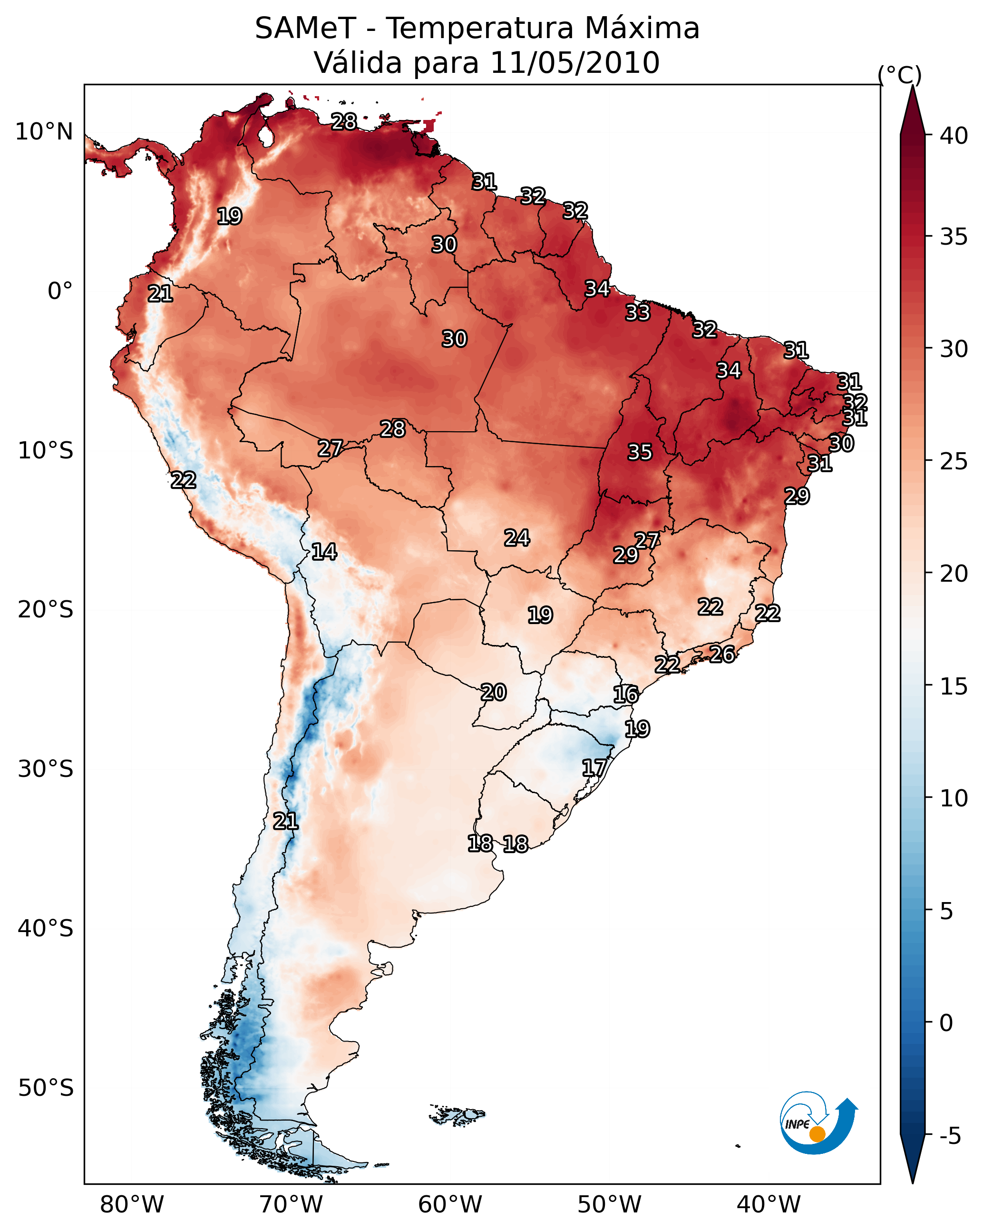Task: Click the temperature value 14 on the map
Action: [x=324, y=552]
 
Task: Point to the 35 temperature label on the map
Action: [x=640, y=452]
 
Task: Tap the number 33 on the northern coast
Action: [x=637, y=312]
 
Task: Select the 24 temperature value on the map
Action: [x=517, y=538]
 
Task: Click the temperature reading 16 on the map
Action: [x=626, y=695]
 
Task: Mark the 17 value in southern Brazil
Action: [x=594, y=768]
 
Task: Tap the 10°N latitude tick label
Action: [x=44, y=132]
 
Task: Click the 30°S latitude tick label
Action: [x=46, y=769]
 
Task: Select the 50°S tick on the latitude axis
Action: [x=46, y=1088]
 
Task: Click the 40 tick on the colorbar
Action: [x=954, y=136]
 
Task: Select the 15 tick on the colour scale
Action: [x=954, y=686]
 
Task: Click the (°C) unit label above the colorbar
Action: [x=900, y=75]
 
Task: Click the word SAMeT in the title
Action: [x=306, y=29]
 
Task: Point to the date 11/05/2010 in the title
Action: [x=574, y=63]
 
